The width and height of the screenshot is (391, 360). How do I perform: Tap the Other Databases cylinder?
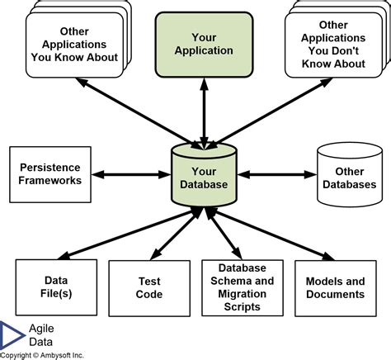tap(344, 176)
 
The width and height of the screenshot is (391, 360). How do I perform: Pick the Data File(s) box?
tap(55, 287)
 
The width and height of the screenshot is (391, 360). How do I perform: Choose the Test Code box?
tap(148, 287)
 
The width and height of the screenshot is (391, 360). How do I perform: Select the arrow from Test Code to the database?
tap(171, 237)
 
